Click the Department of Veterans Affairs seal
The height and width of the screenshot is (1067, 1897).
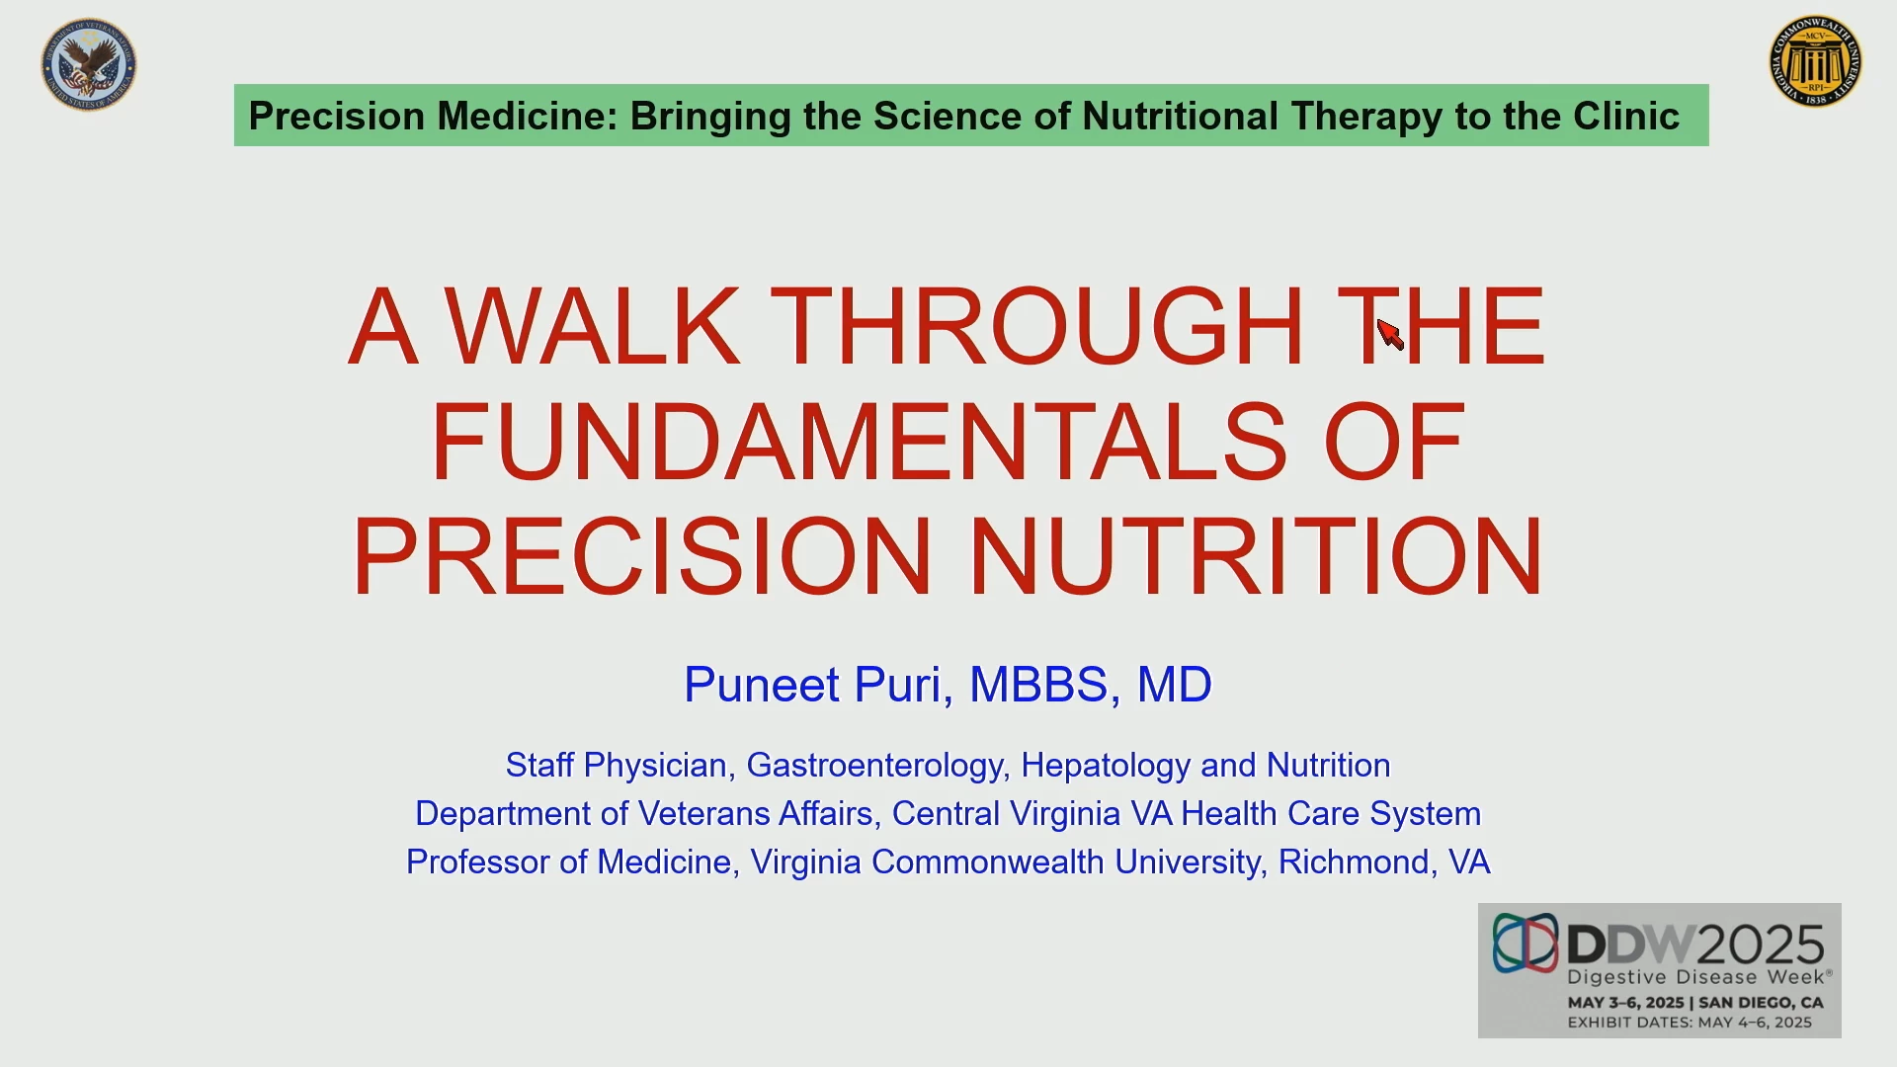[x=89, y=64]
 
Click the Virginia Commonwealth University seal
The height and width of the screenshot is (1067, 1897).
[x=1816, y=61]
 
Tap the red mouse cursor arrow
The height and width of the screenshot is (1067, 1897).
[x=1390, y=334]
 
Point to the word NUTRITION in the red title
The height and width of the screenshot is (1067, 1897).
[x=1257, y=555]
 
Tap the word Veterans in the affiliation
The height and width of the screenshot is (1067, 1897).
[x=703, y=814]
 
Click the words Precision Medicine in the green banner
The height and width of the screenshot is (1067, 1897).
[x=433, y=116]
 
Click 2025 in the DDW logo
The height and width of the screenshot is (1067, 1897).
[x=1761, y=945]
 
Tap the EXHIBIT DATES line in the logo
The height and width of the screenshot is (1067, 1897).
[x=1690, y=1023]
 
